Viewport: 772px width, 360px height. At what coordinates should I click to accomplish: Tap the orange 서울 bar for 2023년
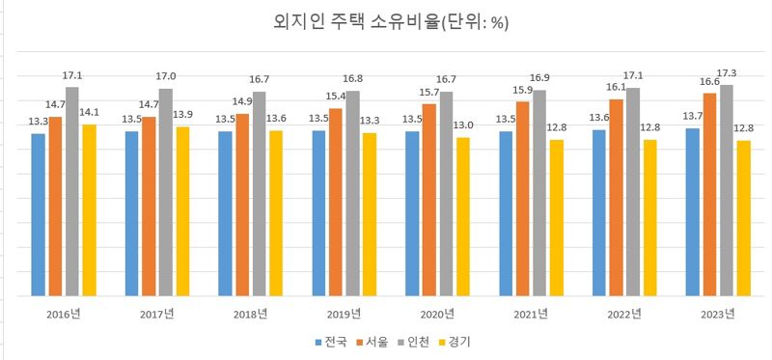(709, 193)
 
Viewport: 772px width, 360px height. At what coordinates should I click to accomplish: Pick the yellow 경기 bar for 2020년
(463, 216)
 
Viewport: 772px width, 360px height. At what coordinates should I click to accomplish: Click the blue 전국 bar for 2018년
(225, 212)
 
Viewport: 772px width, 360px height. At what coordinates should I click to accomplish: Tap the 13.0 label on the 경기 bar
(464, 125)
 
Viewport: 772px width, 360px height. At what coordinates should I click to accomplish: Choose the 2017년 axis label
(156, 314)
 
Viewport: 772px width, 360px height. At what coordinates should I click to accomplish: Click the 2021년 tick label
(530, 314)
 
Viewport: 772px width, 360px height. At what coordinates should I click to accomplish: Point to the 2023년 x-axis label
(717, 314)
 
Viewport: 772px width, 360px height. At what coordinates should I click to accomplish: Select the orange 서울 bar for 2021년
(522, 198)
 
